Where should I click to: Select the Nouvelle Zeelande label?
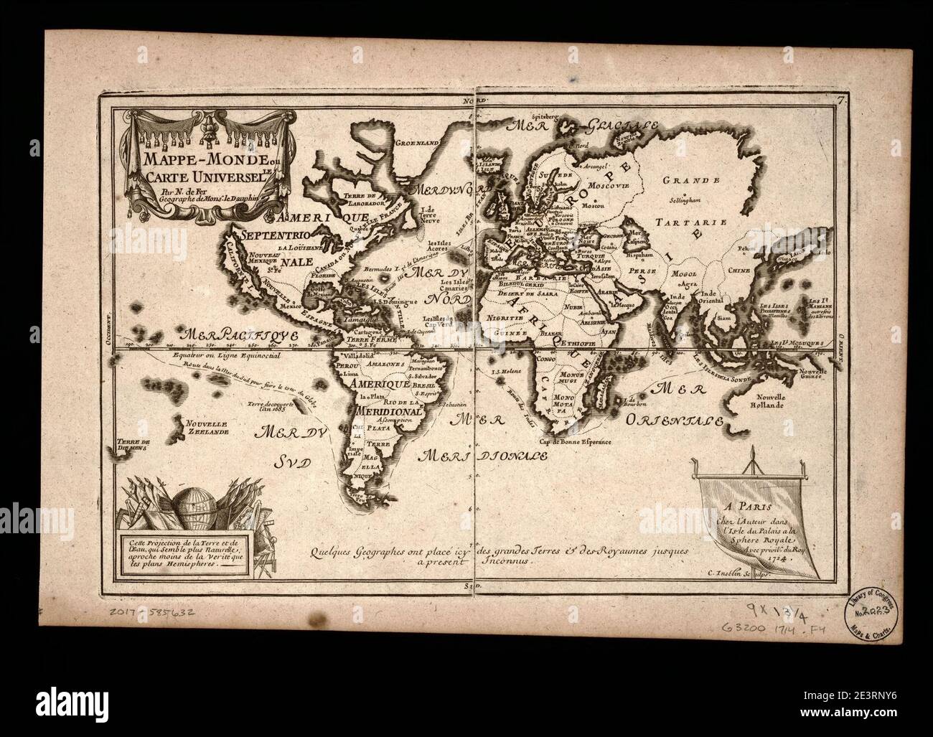(x=206, y=428)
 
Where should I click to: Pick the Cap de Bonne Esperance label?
(x=576, y=443)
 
